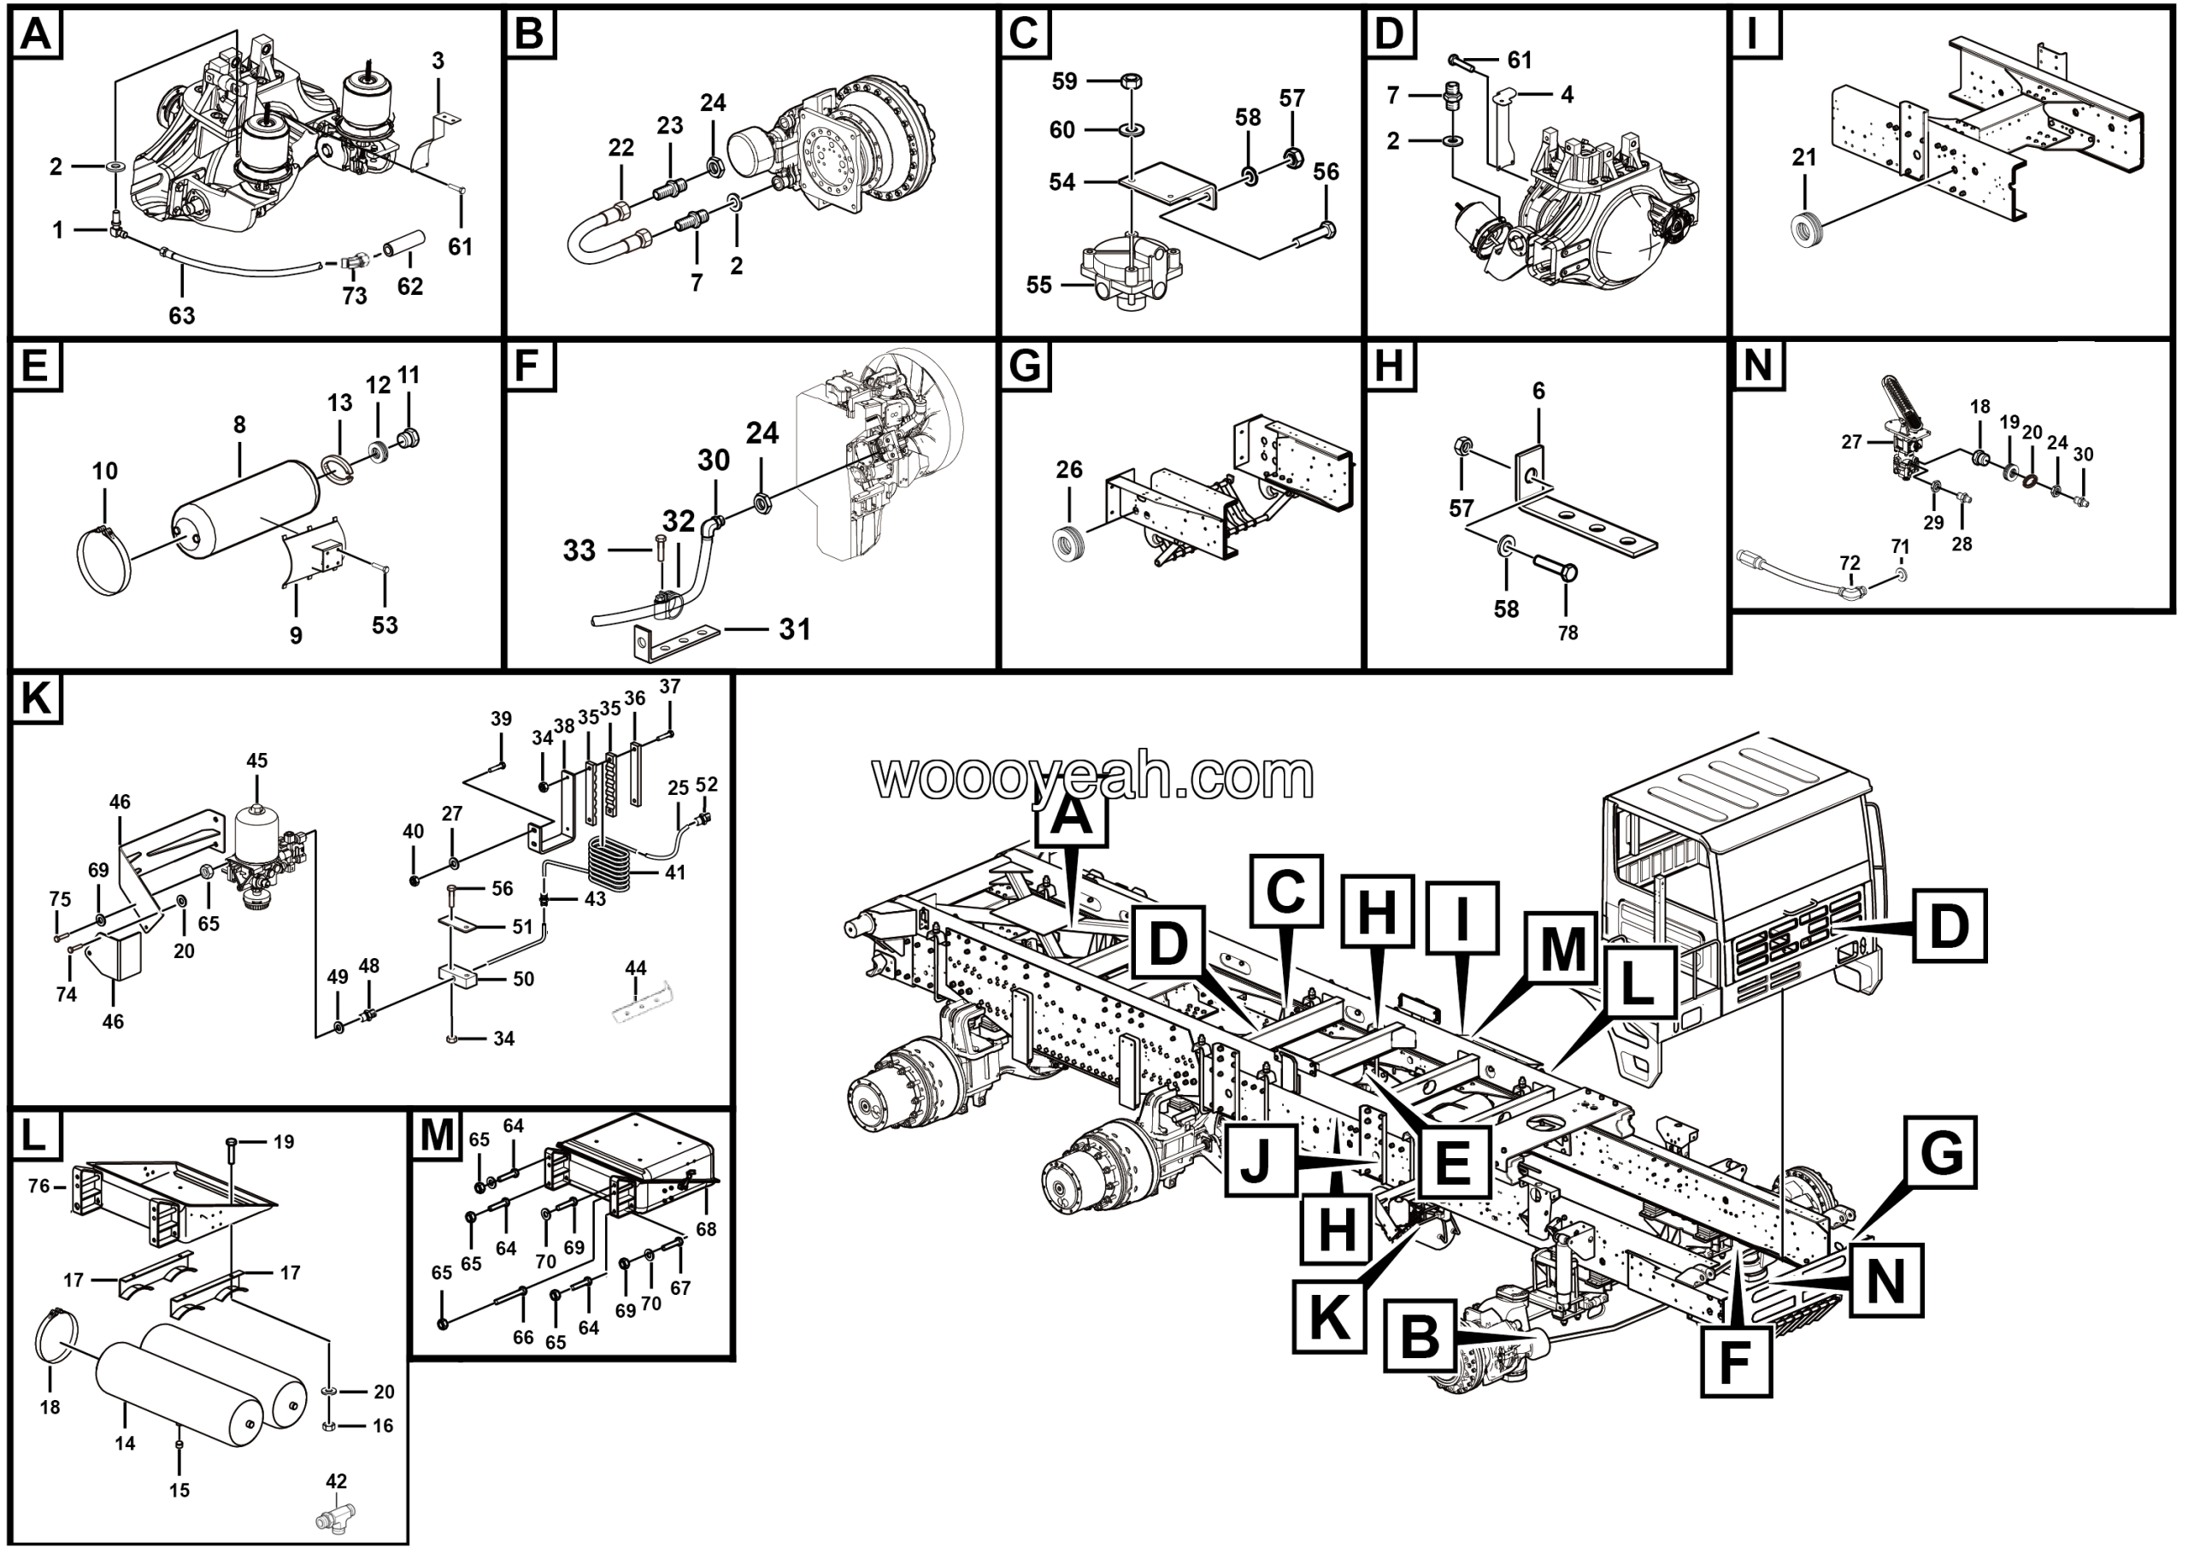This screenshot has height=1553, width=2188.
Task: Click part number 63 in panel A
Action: coord(182,315)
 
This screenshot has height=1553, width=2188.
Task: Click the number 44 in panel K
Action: coord(636,968)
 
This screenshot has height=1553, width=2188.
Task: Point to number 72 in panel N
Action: coord(1850,564)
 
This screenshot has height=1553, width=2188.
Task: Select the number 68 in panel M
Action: coord(706,1228)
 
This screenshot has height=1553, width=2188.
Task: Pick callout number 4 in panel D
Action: coord(1567,94)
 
